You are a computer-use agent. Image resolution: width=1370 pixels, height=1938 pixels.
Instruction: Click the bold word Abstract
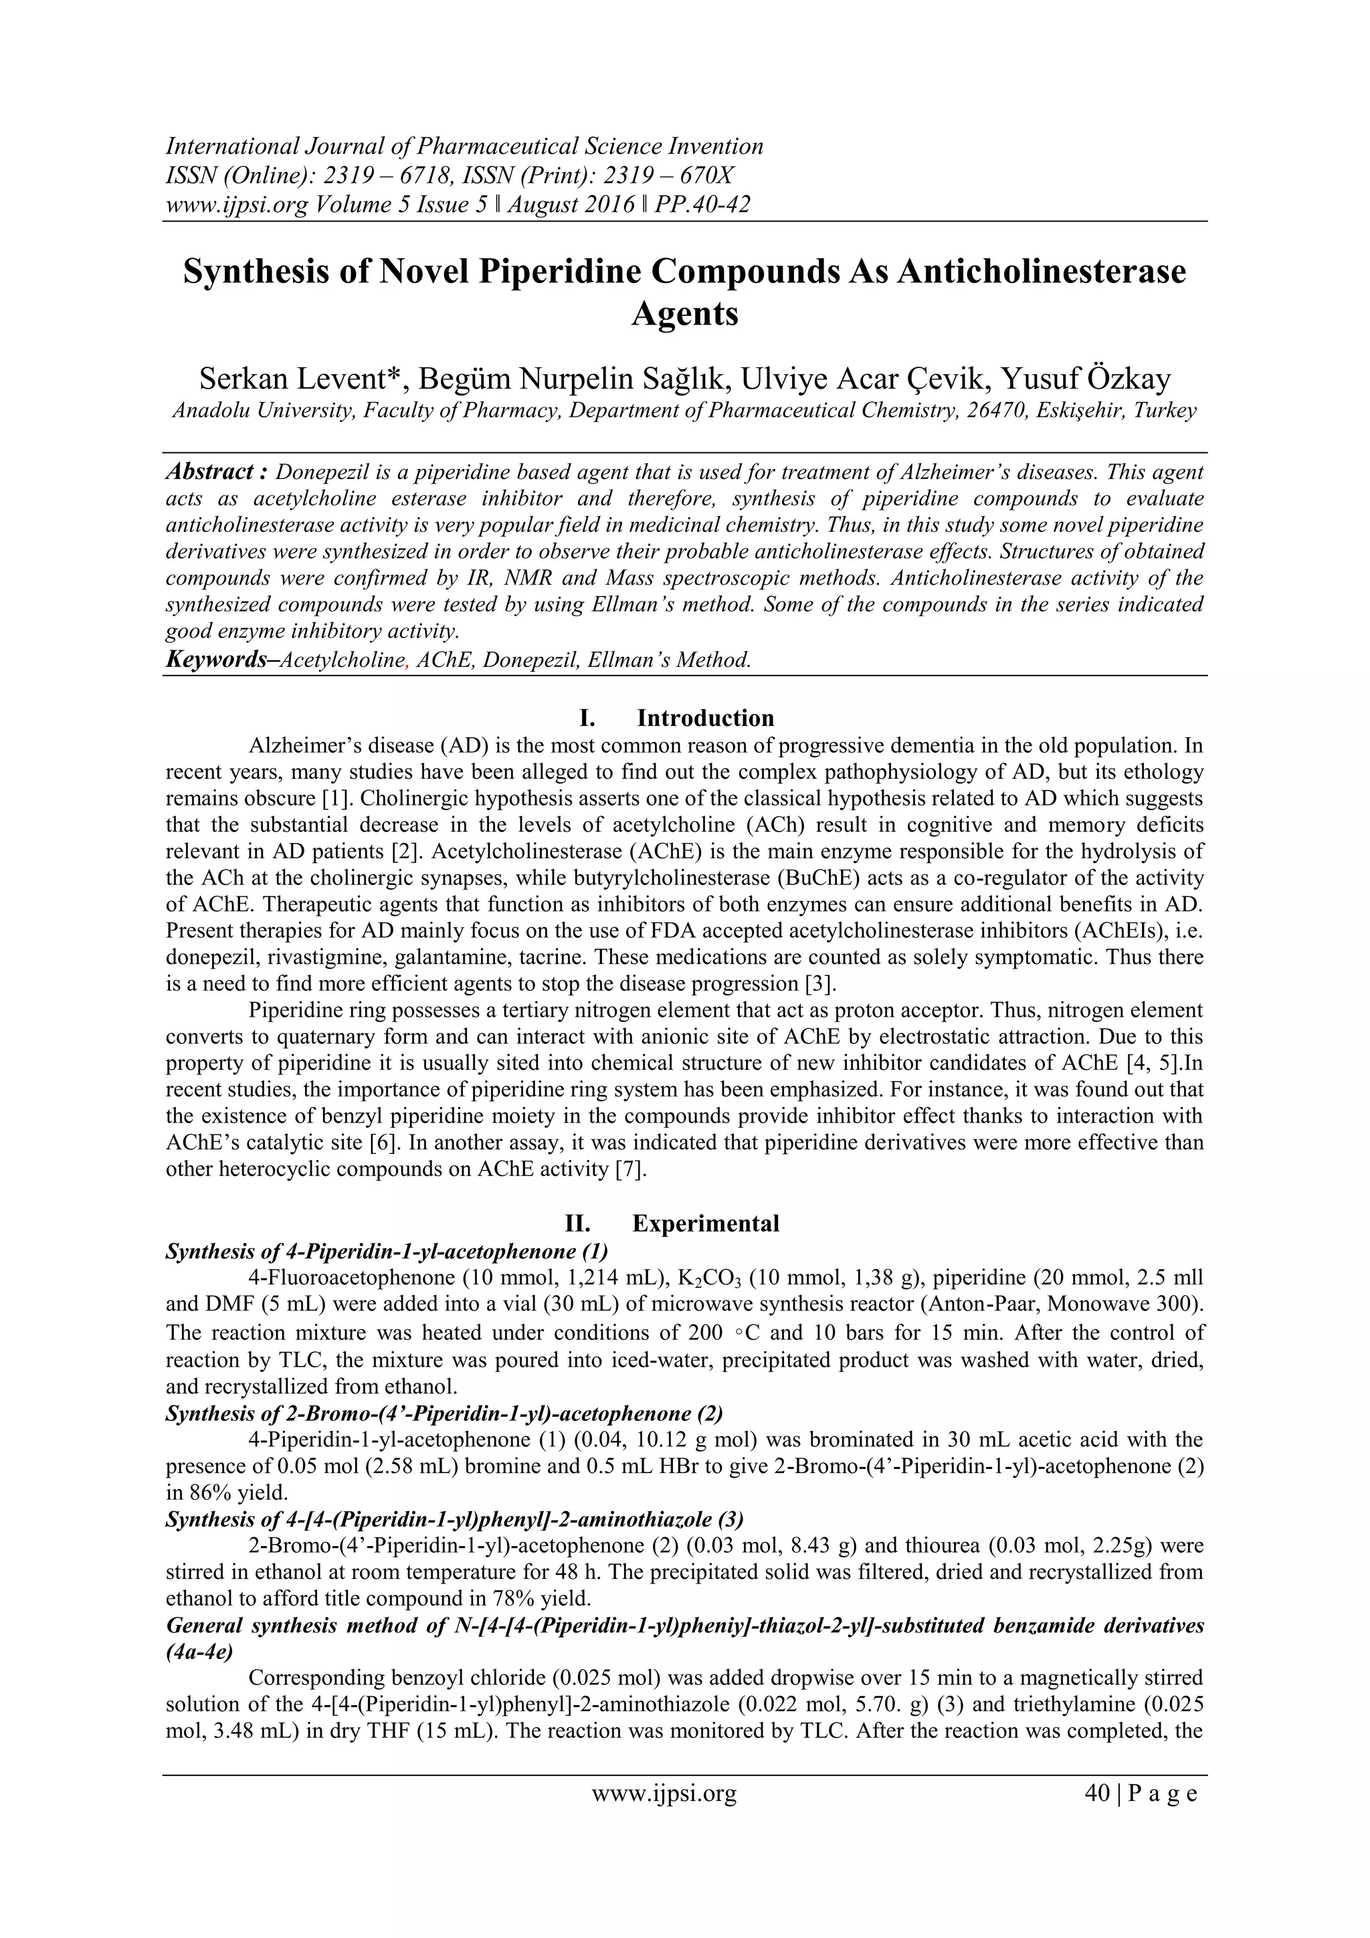pos(209,472)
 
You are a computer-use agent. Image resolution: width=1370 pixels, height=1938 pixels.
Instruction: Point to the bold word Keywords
pos(216,659)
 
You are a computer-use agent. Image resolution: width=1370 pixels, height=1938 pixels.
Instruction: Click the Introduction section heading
pos(705,718)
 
